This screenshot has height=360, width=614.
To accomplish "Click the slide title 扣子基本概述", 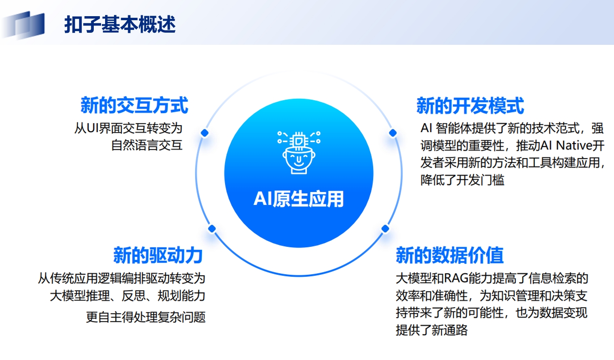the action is pyautogui.click(x=120, y=25).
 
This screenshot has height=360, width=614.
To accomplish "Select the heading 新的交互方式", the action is pyautogui.click(x=134, y=105).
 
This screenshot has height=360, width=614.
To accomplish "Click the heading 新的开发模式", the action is pyautogui.click(x=470, y=105).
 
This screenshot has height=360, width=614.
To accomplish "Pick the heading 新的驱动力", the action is pyautogui.click(x=158, y=255).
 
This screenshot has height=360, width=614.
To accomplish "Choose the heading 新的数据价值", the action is pyautogui.click(x=450, y=255).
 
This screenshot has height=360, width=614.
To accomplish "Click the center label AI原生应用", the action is pyautogui.click(x=298, y=199).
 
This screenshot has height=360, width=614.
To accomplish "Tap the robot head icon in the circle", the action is pyautogui.click(x=299, y=153).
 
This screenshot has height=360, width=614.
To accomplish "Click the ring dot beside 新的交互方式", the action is pyautogui.click(x=205, y=133).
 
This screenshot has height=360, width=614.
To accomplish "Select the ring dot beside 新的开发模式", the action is pyautogui.click(x=393, y=133).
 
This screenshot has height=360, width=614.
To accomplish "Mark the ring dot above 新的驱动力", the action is pyautogui.click(x=212, y=229).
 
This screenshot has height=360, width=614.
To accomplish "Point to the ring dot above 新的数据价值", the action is pyautogui.click(x=385, y=229).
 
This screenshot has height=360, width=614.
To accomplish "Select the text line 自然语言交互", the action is pyautogui.click(x=147, y=145).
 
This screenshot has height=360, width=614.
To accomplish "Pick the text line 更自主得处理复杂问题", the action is pyautogui.click(x=146, y=317).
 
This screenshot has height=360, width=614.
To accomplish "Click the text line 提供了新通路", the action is pyautogui.click(x=432, y=330).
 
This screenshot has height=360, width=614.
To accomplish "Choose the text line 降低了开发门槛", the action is pyautogui.click(x=462, y=180).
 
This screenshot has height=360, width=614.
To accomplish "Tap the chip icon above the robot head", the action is pyautogui.click(x=299, y=141).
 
